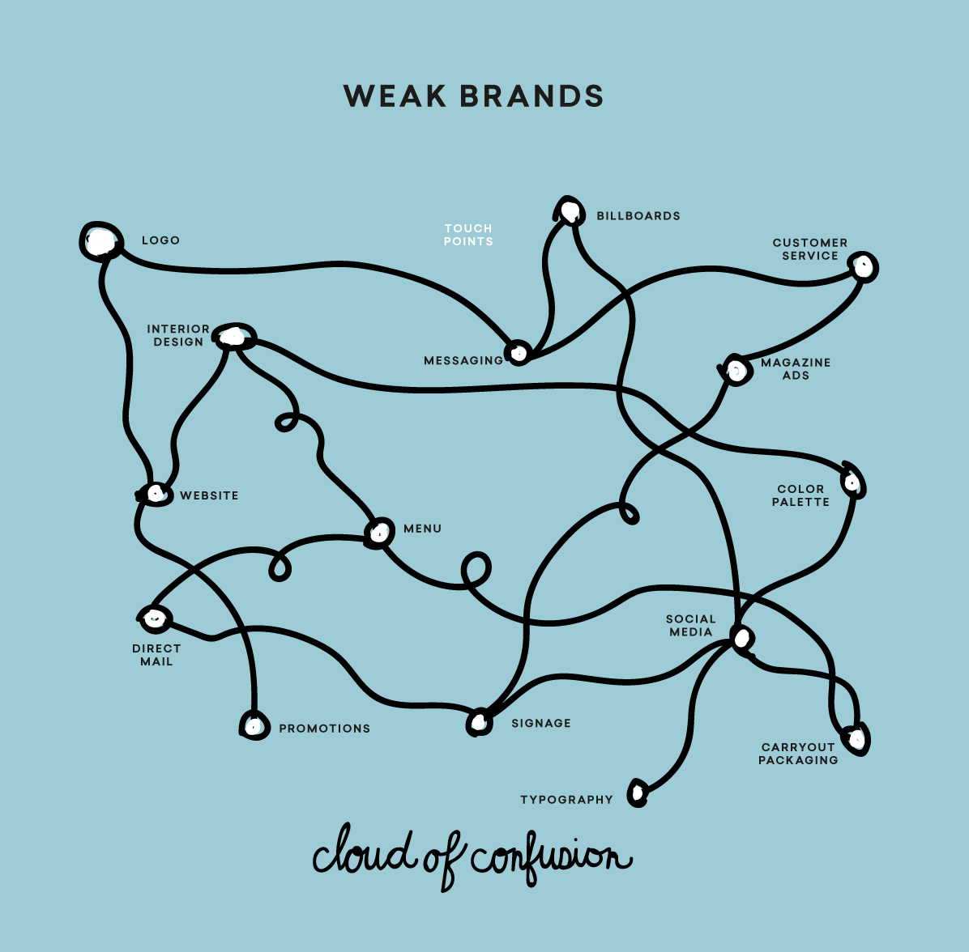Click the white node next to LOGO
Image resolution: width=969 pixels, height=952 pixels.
[x=100, y=241]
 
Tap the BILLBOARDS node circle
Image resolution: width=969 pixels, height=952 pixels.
[x=570, y=212]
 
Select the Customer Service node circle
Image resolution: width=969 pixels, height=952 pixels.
[x=864, y=266]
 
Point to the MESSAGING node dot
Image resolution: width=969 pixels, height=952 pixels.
[x=518, y=352]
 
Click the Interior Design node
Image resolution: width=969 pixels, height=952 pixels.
[x=235, y=336]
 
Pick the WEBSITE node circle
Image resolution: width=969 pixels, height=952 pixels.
[x=155, y=493]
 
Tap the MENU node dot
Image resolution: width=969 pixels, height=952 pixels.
[x=378, y=532]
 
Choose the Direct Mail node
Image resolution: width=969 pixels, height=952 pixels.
[x=154, y=619]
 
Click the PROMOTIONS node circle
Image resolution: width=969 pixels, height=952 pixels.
[x=254, y=725]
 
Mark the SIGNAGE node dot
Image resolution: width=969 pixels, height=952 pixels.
[x=480, y=721]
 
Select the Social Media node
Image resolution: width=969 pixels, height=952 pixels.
[x=741, y=638]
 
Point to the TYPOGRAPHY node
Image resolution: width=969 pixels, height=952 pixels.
[x=638, y=793]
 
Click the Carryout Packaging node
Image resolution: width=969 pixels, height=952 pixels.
[x=856, y=738]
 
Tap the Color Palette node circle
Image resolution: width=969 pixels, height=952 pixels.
[x=852, y=482]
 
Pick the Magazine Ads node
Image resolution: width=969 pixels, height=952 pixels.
[x=736, y=370]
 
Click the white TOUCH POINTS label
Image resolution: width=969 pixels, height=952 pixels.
[x=468, y=235]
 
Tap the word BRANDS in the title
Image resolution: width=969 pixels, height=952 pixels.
[x=531, y=96]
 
